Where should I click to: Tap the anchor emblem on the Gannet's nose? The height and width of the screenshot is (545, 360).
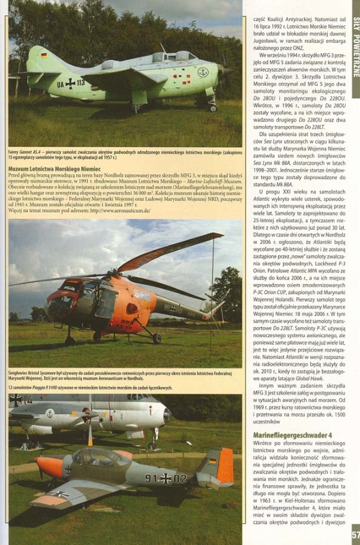pos(202,71)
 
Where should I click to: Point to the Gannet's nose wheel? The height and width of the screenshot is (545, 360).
pos(213,107)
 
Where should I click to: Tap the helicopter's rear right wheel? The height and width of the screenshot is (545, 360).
pos(155,338)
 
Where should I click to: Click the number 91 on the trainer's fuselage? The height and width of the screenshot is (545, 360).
pos(151,478)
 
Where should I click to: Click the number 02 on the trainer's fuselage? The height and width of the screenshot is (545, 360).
pos(179,478)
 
